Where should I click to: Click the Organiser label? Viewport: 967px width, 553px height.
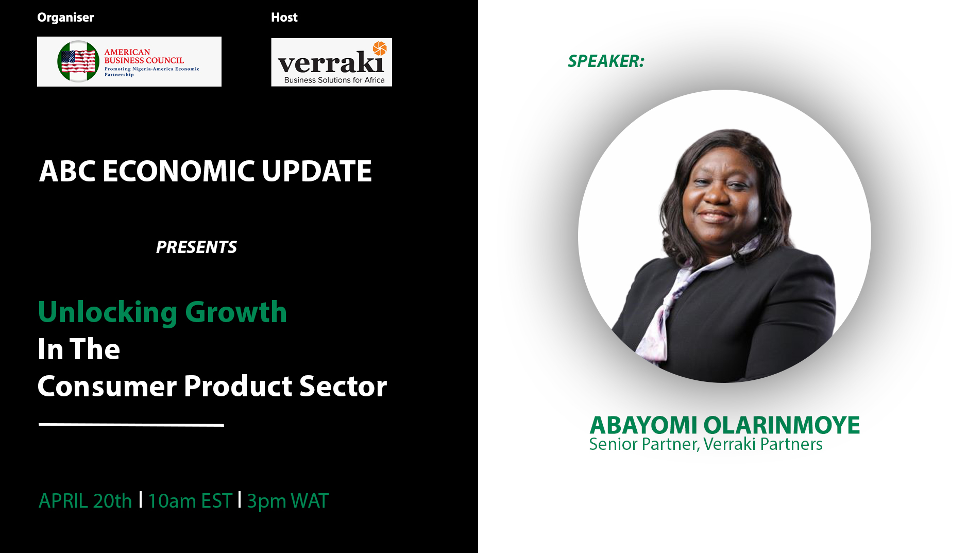pyautogui.click(x=65, y=18)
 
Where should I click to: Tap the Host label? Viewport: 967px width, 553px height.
pyautogui.click(x=284, y=18)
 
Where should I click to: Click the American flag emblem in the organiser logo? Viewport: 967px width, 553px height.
pyautogui.click(x=78, y=61)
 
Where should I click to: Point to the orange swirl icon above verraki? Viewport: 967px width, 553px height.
pyautogui.click(x=380, y=48)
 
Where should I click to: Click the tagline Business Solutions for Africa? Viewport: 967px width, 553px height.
pyautogui.click(x=334, y=80)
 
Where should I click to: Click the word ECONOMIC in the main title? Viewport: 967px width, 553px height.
pyautogui.click(x=179, y=171)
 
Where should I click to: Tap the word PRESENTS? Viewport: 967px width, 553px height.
pyautogui.click(x=196, y=247)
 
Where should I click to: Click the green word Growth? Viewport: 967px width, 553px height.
pyautogui.click(x=236, y=312)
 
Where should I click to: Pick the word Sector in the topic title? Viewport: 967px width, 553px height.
pyautogui.click(x=343, y=387)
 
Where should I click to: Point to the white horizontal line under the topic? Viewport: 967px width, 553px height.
pyautogui.click(x=131, y=425)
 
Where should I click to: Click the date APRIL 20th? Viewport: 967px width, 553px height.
pyautogui.click(x=86, y=501)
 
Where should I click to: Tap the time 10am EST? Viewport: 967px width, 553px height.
pyautogui.click(x=190, y=501)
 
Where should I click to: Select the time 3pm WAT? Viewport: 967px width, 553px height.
pyautogui.click(x=288, y=501)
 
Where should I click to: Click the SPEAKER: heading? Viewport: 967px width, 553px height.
pyautogui.click(x=606, y=61)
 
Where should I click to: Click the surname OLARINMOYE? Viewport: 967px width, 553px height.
pyautogui.click(x=782, y=426)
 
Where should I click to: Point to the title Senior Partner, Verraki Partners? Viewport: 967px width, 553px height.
pyautogui.click(x=706, y=444)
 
